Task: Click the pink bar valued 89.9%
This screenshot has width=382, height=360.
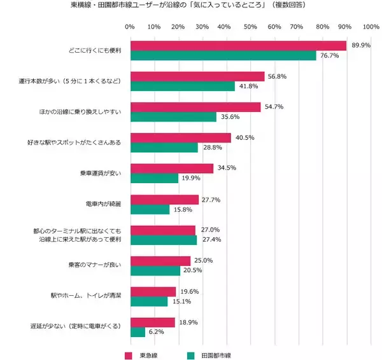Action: click(x=237, y=46)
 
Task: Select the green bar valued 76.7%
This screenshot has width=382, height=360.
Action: click(x=223, y=56)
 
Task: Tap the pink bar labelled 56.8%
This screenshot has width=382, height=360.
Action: click(x=197, y=76)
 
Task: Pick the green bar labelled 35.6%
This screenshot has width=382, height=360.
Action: click(x=173, y=117)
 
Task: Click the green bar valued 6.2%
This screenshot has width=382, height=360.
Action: click(x=138, y=332)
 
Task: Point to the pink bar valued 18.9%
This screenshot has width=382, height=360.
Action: click(x=152, y=322)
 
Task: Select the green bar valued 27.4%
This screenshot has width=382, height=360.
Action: click(x=163, y=240)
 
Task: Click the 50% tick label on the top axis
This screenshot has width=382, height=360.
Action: click(x=250, y=27)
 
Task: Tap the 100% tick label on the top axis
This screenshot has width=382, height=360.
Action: click(x=371, y=27)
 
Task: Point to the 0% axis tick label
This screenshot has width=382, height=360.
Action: click(x=130, y=27)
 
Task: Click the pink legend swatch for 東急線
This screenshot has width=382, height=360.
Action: click(x=128, y=354)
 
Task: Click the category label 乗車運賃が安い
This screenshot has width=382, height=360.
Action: click(x=103, y=174)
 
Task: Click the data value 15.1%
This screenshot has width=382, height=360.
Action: click(x=179, y=301)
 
